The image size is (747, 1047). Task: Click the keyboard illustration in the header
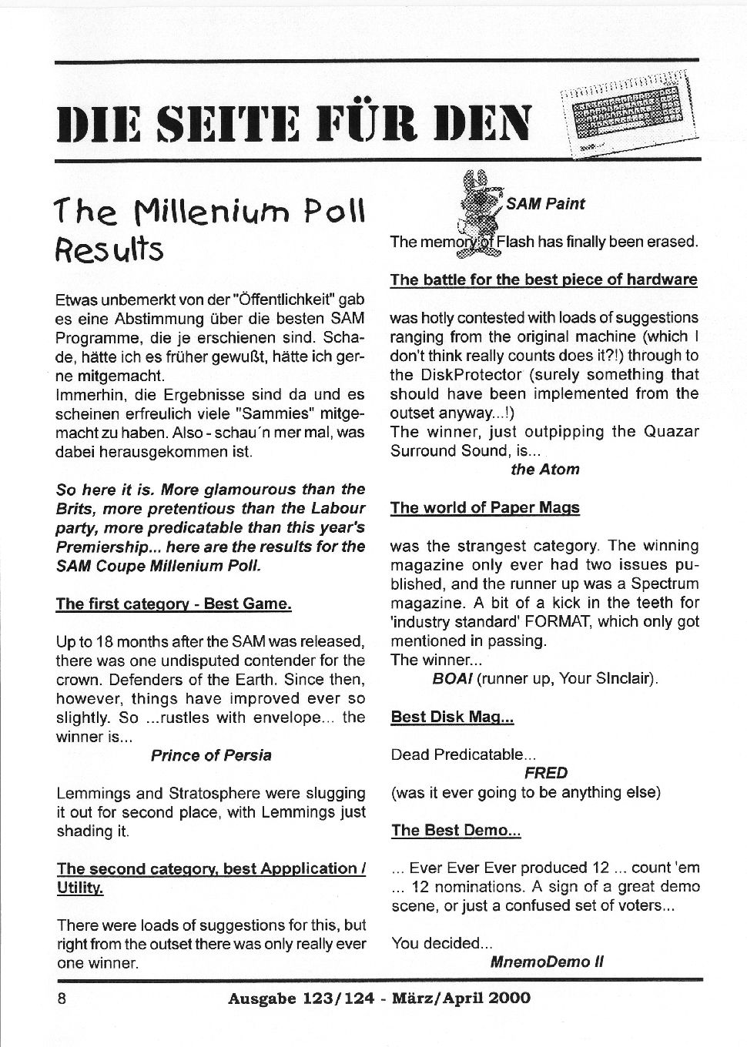(x=628, y=113)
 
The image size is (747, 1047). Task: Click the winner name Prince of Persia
(x=211, y=755)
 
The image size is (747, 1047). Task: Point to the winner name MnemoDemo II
(x=546, y=962)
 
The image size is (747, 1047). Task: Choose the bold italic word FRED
(x=545, y=773)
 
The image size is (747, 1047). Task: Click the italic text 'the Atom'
(x=545, y=469)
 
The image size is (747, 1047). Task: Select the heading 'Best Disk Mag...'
(x=452, y=717)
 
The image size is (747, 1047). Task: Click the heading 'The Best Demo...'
(x=456, y=830)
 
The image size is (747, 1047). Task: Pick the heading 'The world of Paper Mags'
(x=484, y=507)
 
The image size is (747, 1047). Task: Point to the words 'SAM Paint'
(x=545, y=204)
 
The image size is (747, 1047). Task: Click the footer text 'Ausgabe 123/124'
(x=301, y=998)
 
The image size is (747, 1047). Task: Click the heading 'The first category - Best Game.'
(x=173, y=604)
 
